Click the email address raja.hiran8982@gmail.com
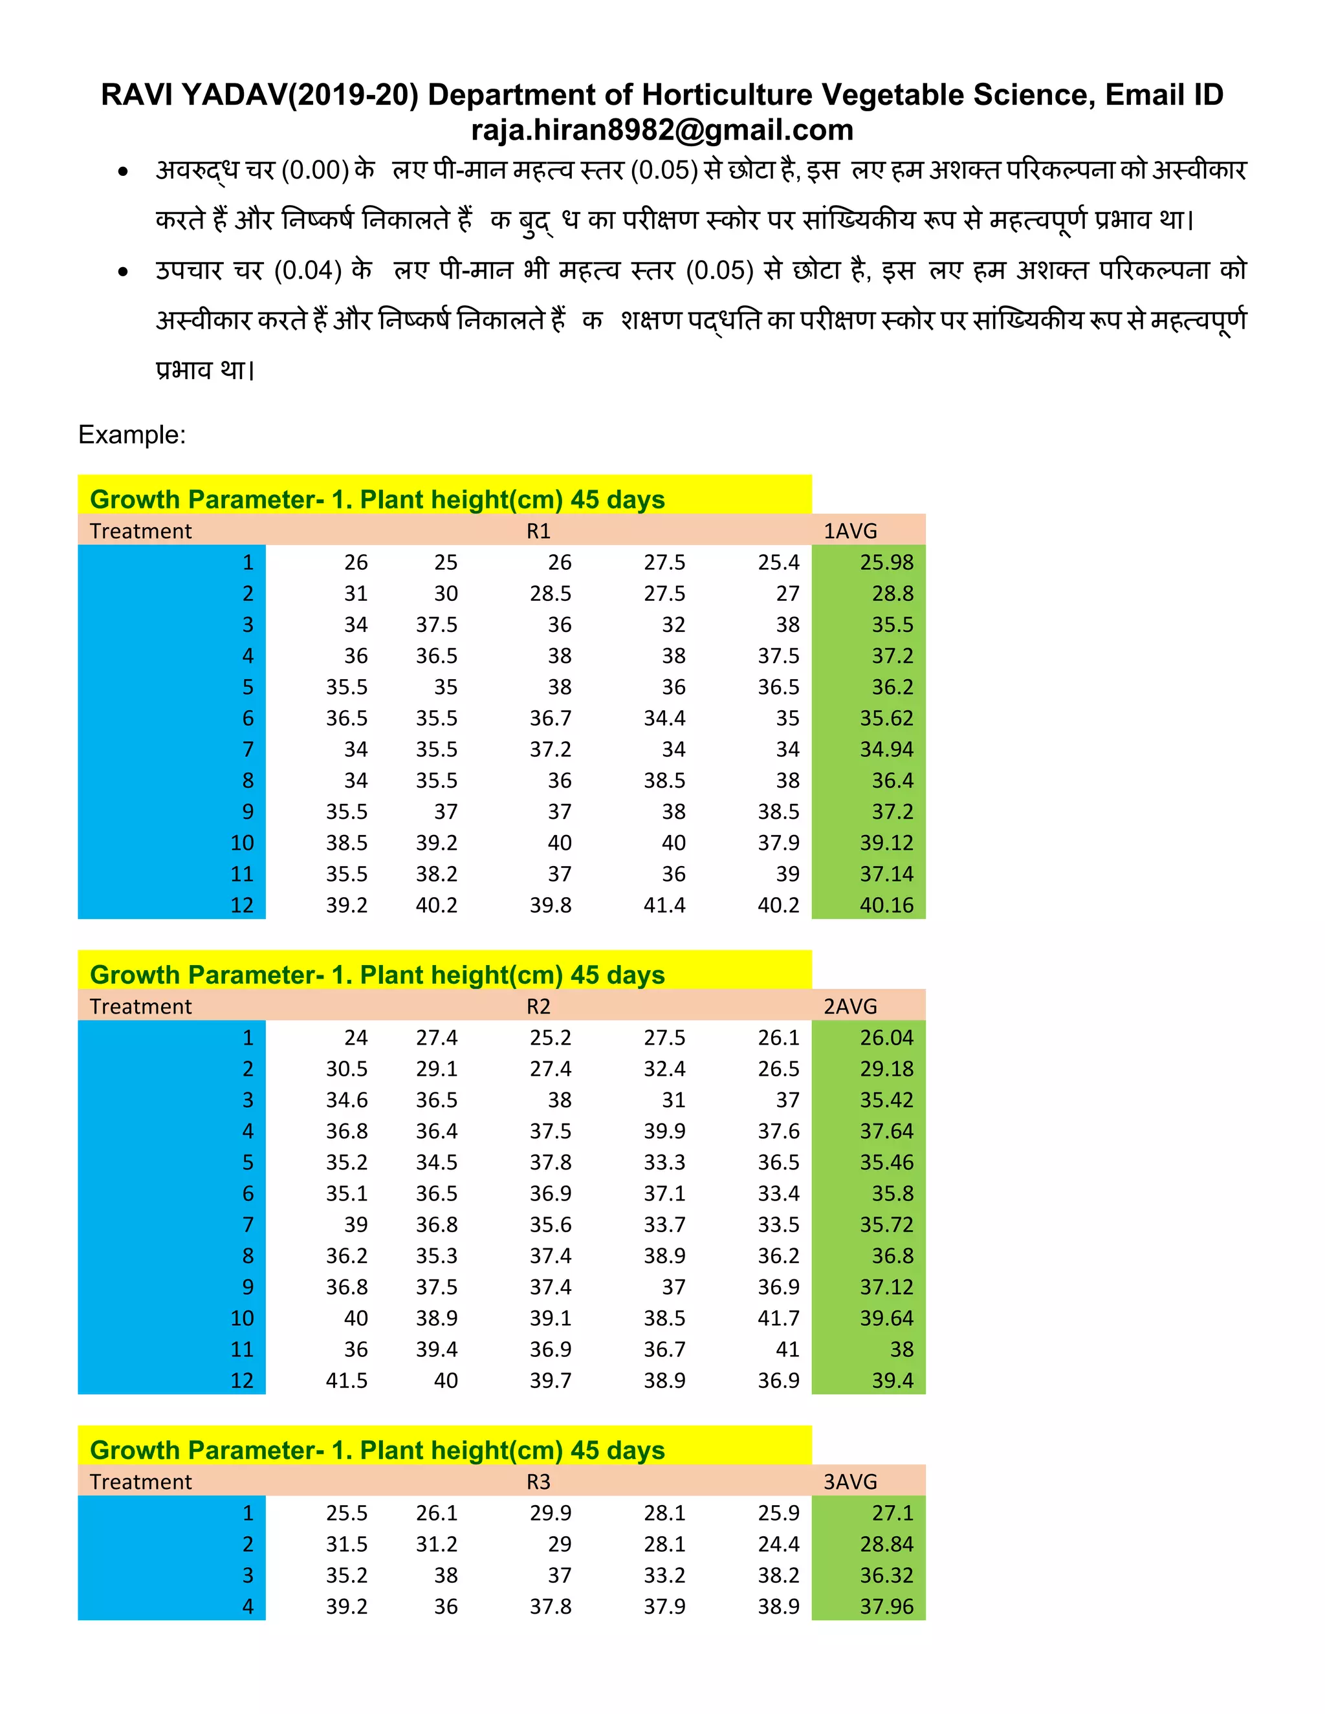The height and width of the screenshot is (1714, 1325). (x=662, y=130)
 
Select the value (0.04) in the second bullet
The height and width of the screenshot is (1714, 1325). (x=308, y=271)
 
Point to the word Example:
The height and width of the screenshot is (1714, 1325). (x=132, y=435)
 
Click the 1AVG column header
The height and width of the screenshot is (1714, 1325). (x=850, y=531)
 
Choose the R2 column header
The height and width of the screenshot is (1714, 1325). (x=538, y=1007)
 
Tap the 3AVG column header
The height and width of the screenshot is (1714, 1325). (x=850, y=1482)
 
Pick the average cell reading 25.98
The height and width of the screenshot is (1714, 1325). (x=886, y=563)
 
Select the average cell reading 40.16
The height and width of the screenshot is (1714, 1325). (x=886, y=906)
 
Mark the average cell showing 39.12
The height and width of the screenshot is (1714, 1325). (x=886, y=843)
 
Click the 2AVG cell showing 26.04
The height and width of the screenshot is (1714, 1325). (x=886, y=1038)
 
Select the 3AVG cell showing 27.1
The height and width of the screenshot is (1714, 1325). (x=892, y=1513)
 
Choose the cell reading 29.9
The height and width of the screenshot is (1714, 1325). (x=551, y=1513)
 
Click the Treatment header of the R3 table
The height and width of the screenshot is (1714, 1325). (x=140, y=1482)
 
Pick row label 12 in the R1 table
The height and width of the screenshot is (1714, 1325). (x=242, y=906)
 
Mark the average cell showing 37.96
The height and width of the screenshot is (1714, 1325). (x=886, y=1607)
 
